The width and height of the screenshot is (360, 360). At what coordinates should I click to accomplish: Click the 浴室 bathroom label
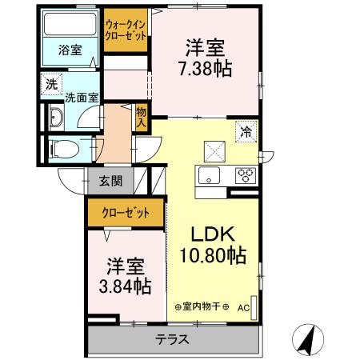point(69,50)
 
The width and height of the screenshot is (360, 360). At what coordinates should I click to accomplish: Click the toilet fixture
point(61,148)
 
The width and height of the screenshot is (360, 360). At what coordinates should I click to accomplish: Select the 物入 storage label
point(142,118)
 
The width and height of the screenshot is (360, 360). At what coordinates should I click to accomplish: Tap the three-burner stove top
point(245,177)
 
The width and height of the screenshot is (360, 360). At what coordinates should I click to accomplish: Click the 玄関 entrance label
point(110,181)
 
